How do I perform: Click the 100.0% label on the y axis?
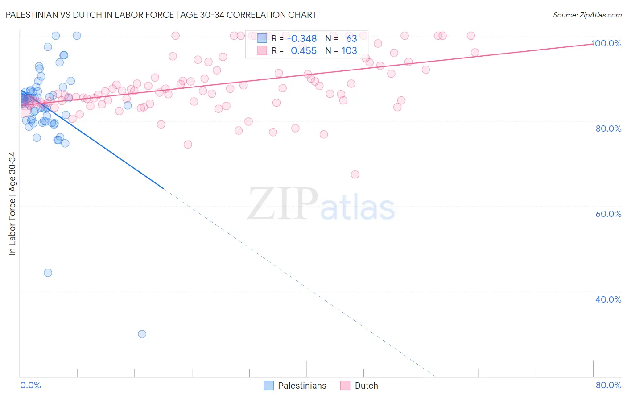[x=606, y=43]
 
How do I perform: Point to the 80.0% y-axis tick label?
[x=608, y=129]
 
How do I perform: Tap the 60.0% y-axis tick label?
[x=608, y=214]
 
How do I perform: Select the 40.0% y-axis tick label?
[x=608, y=299]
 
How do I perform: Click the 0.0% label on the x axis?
[x=30, y=385]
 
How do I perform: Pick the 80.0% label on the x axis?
[x=608, y=385]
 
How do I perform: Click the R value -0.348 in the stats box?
[x=302, y=39]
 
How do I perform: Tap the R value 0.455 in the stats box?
[x=304, y=51]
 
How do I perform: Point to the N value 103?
[x=349, y=51]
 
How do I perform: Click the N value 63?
[x=351, y=39]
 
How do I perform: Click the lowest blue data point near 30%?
[x=142, y=334]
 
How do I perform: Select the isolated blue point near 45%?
[x=48, y=273]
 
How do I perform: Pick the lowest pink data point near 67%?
[x=355, y=174]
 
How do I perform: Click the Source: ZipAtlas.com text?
[x=587, y=15]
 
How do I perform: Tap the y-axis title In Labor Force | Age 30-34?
[x=12, y=203]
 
